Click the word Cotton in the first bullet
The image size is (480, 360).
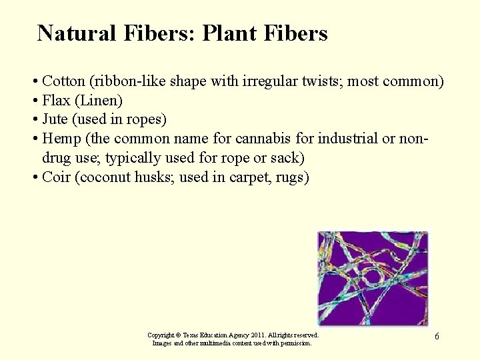click(x=62, y=81)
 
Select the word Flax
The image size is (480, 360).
click(x=55, y=101)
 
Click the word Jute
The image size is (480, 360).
click(x=55, y=120)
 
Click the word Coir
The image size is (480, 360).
click(x=56, y=178)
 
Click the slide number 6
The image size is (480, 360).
click(x=437, y=337)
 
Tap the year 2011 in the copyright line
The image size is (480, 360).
click(x=265, y=335)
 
